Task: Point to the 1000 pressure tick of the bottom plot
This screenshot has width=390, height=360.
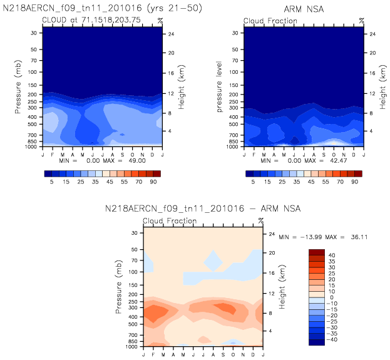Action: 135,346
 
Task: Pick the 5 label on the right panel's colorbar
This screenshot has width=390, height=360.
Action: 253,180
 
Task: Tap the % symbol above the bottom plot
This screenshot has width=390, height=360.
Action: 261,221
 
